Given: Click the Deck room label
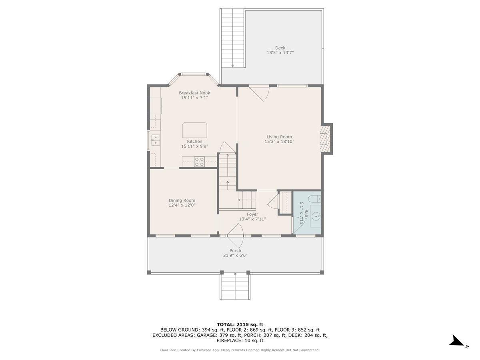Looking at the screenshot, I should pyautogui.click(x=280, y=48).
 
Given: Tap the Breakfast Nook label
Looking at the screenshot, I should pyautogui.click(x=194, y=93).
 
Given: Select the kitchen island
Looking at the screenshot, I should pyautogui.click(x=195, y=130).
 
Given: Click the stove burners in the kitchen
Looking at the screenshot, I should pyautogui.click(x=199, y=162).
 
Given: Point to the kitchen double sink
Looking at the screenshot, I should pyautogui.click(x=155, y=140).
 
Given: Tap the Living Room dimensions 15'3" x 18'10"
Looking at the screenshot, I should pyautogui.click(x=279, y=142).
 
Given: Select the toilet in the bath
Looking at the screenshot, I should pyautogui.click(x=315, y=198).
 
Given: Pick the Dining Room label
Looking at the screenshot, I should pyautogui.click(x=182, y=200).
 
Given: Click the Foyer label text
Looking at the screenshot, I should pyautogui.click(x=252, y=214).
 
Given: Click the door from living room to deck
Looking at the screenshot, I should pyautogui.click(x=259, y=93).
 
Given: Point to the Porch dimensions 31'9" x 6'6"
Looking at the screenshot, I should pyautogui.click(x=235, y=256).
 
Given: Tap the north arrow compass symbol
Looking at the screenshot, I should pyautogui.click(x=457, y=342).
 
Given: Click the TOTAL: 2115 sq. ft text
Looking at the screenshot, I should pyautogui.click(x=240, y=324).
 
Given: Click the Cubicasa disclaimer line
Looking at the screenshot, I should pyautogui.click(x=240, y=350).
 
